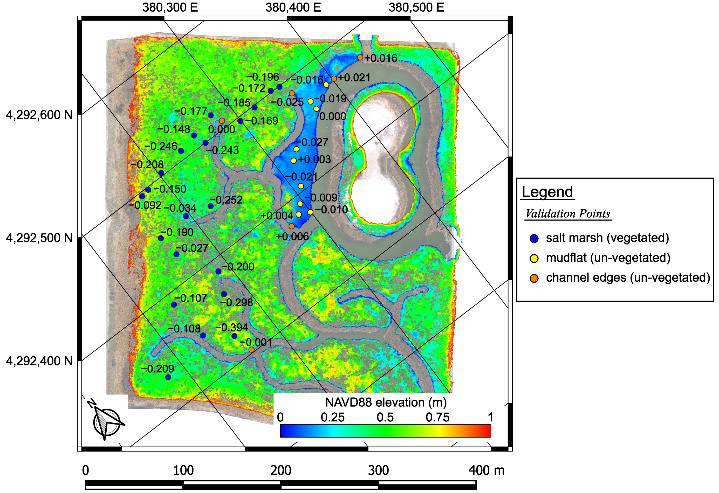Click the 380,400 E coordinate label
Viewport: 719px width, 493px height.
click(293, 8)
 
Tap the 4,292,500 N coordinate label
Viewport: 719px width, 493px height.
click(39, 238)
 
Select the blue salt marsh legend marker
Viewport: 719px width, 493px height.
click(534, 238)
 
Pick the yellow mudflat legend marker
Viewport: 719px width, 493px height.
click(534, 258)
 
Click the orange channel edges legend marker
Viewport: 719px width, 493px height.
click(534, 278)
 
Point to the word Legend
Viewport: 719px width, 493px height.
click(547, 192)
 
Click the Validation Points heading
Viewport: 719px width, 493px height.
click(568, 214)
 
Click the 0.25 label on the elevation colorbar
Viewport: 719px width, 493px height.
click(332, 417)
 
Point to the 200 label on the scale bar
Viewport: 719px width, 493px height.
click(280, 470)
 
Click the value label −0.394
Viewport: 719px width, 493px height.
click(232, 327)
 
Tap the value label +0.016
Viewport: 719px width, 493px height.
click(381, 58)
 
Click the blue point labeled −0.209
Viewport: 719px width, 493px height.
click(168, 377)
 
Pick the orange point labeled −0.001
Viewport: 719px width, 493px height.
click(251, 350)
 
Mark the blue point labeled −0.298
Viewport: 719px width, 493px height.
click(224, 294)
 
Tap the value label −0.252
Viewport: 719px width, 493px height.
click(227, 200)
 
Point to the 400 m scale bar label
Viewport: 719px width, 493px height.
click(486, 470)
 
